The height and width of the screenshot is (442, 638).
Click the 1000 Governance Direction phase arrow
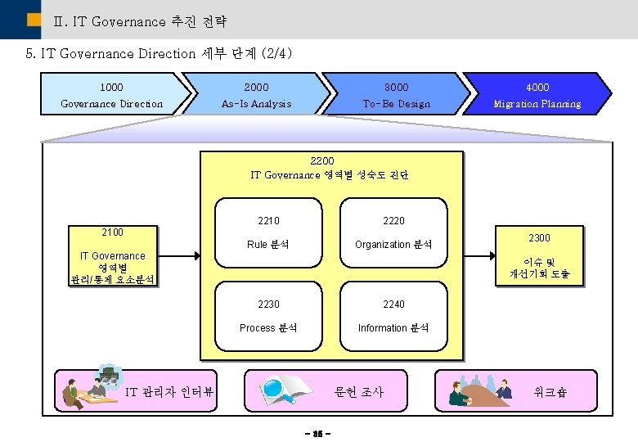click(112, 94)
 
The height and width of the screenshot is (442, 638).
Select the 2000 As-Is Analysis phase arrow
click(256, 94)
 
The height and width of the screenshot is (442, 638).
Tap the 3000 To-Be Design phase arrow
click(396, 94)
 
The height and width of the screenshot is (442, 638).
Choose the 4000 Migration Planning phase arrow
click(537, 94)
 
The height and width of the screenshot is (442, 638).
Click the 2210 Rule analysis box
click(268, 232)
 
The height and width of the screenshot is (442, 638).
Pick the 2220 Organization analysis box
click(393, 232)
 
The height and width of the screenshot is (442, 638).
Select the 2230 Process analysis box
click(268, 315)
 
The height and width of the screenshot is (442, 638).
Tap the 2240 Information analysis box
click(393, 315)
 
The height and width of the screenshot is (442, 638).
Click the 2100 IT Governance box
click(112, 255)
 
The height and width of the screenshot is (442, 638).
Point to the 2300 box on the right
click(539, 255)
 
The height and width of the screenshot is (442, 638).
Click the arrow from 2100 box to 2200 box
click(178, 255)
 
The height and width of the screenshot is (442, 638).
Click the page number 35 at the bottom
click(318, 432)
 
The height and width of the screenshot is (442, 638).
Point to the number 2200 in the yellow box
click(322, 161)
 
